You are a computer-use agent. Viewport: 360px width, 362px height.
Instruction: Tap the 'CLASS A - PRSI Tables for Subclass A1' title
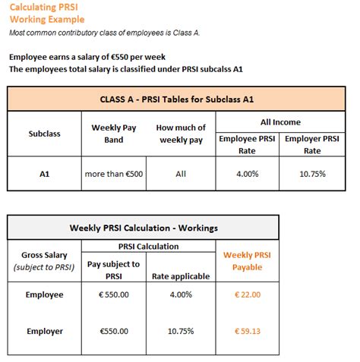pyautogui.click(x=180, y=99)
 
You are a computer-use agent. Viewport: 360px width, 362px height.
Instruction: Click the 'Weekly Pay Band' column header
pyautogui.click(x=113, y=133)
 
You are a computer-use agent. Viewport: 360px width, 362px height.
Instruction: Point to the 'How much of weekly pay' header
pyautogui.click(x=180, y=133)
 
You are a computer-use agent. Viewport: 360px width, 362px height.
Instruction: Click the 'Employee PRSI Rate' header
pyautogui.click(x=247, y=144)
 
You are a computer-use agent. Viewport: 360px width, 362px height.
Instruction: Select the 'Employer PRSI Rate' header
pyautogui.click(x=312, y=144)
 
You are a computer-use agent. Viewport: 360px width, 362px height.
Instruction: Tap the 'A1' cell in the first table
pyautogui.click(x=45, y=174)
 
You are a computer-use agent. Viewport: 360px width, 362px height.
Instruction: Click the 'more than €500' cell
pyautogui.click(x=114, y=174)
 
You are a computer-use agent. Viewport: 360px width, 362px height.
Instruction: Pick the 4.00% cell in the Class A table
pyautogui.click(x=247, y=174)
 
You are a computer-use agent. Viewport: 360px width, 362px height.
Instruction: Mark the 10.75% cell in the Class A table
pyautogui.click(x=312, y=174)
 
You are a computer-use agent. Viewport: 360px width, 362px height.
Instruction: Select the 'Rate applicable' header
pyautogui.click(x=181, y=276)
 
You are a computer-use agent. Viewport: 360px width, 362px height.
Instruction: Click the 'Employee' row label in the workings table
pyautogui.click(x=46, y=294)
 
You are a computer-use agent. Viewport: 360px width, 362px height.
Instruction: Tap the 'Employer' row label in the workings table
pyautogui.click(x=46, y=331)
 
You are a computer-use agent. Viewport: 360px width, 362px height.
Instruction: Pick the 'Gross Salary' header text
pyautogui.click(x=46, y=255)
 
